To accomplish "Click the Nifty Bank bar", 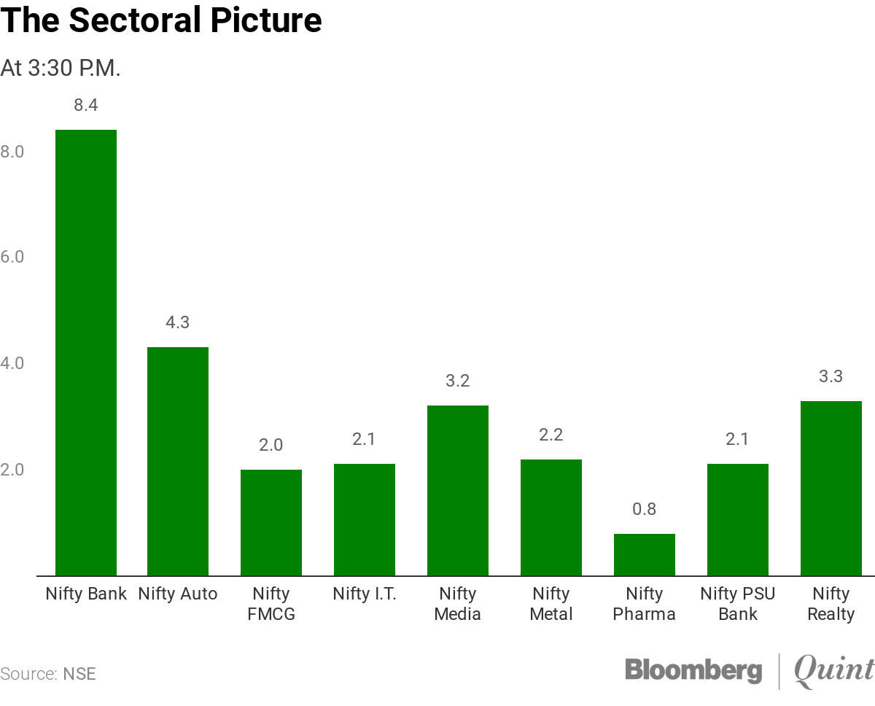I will [86, 353].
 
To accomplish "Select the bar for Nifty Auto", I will [178, 461].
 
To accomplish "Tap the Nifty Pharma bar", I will [645, 554].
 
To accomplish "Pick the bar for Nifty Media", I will [458, 490].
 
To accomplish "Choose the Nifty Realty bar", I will [831, 488].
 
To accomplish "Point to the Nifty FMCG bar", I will [271, 522].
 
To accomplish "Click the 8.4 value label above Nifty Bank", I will [86, 105].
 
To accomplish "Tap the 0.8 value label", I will [645, 509].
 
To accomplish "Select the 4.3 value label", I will [178, 322].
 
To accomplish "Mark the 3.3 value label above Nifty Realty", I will [831, 376].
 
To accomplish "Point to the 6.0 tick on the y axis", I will [12, 257].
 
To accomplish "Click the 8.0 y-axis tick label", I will [12, 152].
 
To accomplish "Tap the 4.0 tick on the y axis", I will [12, 363].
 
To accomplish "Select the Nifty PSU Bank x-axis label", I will [738, 604].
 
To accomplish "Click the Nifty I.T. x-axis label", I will [365, 594].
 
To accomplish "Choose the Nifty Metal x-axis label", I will [551, 604].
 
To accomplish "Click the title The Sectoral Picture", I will [161, 20].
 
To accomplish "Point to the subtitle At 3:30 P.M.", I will [61, 69].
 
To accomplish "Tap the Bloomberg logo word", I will [693, 670].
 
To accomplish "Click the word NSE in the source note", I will [79, 673].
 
